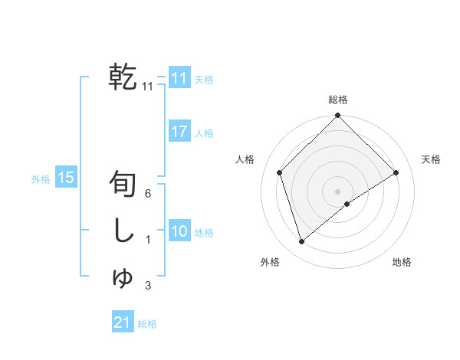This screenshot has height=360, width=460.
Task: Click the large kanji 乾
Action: tap(123, 77)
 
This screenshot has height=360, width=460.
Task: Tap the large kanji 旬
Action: tap(123, 184)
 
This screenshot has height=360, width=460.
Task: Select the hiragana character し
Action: tap(123, 231)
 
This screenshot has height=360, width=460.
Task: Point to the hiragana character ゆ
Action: tap(123, 277)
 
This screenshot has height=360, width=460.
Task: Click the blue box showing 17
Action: tap(179, 132)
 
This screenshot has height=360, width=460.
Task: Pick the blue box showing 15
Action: tap(65, 178)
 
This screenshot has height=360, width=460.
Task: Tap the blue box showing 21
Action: tap(122, 322)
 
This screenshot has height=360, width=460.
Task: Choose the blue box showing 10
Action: tap(179, 231)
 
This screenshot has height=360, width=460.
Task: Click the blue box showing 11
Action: tap(179, 78)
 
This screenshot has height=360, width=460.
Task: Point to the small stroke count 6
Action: tap(147, 194)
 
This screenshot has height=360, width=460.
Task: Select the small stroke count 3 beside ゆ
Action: tap(147, 286)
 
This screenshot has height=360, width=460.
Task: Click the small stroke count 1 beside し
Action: tap(147, 241)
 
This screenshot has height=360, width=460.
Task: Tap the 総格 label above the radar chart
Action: tap(338, 100)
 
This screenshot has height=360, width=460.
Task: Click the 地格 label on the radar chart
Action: tap(402, 262)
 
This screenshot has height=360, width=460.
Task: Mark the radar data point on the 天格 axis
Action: tap(396, 172)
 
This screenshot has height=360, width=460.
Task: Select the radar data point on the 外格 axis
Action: tap(302, 242)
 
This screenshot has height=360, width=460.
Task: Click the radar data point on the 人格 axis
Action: tap(280, 172)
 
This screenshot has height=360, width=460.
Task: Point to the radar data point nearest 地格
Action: tap(347, 204)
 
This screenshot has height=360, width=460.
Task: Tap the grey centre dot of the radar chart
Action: tap(338, 191)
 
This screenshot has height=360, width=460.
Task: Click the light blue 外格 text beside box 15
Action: tap(41, 179)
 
